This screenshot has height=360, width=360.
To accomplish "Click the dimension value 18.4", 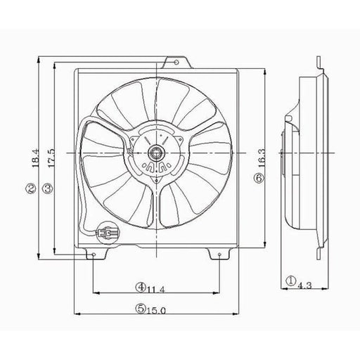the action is pos(35,159).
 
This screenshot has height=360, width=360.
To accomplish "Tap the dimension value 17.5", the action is pos(51,158).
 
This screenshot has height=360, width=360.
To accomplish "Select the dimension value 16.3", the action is pos(262,158).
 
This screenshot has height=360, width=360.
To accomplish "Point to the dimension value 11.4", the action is pos(156,290).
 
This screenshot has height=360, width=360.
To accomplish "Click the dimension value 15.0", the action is pos(156,311).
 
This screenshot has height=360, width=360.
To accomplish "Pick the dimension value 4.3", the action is pos(304,285).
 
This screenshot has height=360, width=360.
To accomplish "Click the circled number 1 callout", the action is pos(291,281).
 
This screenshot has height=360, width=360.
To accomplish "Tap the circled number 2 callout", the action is pos(31,188).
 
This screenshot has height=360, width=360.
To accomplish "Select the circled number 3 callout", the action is pos(48,188).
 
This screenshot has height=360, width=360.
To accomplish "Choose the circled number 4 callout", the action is pos(141,287).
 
